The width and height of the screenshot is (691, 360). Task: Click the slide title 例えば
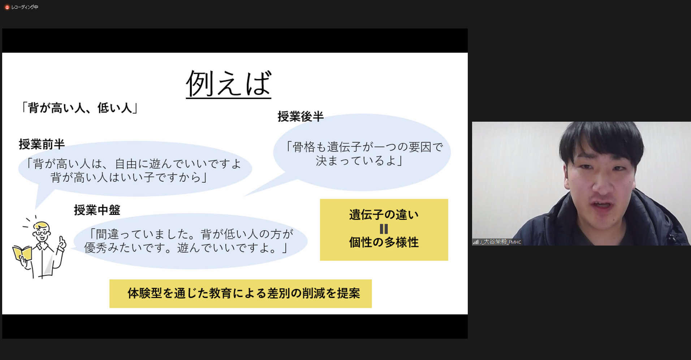228,83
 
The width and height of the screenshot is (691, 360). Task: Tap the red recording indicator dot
7,7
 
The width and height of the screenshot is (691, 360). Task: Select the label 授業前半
42,144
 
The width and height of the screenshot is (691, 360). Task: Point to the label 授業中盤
97,210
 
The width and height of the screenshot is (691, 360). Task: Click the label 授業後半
301,116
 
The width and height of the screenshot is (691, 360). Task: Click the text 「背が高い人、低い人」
79,108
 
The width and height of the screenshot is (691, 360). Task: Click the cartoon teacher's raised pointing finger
62,241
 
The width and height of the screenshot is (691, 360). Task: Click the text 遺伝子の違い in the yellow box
384,214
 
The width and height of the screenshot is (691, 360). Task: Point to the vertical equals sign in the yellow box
384,229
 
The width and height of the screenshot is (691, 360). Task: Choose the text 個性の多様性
384,242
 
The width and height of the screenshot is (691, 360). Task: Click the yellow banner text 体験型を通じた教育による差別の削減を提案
244,293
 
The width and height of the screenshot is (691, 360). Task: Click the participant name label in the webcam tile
501,242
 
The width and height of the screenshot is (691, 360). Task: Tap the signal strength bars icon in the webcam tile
476,242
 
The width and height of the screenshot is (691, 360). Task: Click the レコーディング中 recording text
25,7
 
